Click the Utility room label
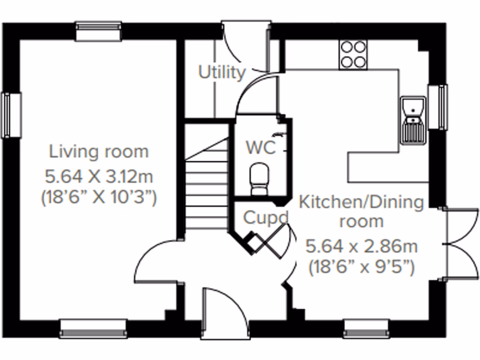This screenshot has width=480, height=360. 222,73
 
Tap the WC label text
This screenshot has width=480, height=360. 261,148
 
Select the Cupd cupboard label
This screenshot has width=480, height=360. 265,217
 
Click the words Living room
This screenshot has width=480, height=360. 99,152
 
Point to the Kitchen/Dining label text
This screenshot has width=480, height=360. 361,203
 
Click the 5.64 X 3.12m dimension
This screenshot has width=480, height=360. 99,177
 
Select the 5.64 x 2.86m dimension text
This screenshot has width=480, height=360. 361,246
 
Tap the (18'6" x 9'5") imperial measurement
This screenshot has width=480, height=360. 361,268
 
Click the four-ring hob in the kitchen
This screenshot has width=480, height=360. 353,54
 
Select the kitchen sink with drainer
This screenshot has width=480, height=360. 413,120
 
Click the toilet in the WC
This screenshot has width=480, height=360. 258,179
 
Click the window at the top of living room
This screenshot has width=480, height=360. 98,31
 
